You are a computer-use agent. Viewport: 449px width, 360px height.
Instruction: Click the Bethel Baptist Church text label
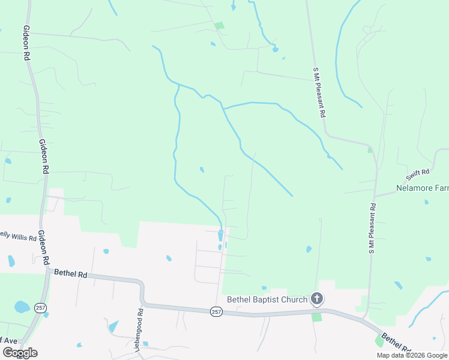tap(267, 299)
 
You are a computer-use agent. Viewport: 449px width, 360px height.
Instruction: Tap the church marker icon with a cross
tap(317, 299)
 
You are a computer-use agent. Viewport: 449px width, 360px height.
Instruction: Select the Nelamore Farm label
tap(422, 188)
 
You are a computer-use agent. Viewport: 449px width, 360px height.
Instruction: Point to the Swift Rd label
tap(418, 175)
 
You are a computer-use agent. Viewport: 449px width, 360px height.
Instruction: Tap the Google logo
tap(20, 353)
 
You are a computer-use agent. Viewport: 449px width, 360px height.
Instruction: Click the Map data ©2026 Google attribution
tap(412, 355)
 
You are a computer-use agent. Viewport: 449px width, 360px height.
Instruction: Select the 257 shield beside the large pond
tap(40, 308)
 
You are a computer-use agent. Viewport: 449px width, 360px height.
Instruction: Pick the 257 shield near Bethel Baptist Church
tap(217, 311)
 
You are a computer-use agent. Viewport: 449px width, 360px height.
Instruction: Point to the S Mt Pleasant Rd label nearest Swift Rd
tap(372, 228)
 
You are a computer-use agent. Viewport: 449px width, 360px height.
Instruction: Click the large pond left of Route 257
tap(22, 307)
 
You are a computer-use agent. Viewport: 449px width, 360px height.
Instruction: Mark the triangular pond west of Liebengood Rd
tap(113, 326)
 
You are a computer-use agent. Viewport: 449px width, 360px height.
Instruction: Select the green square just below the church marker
tap(316, 316)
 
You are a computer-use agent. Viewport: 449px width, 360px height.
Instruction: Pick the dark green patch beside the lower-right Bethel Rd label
tap(379, 341)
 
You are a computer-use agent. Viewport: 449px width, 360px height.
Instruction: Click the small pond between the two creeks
tap(202, 170)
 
